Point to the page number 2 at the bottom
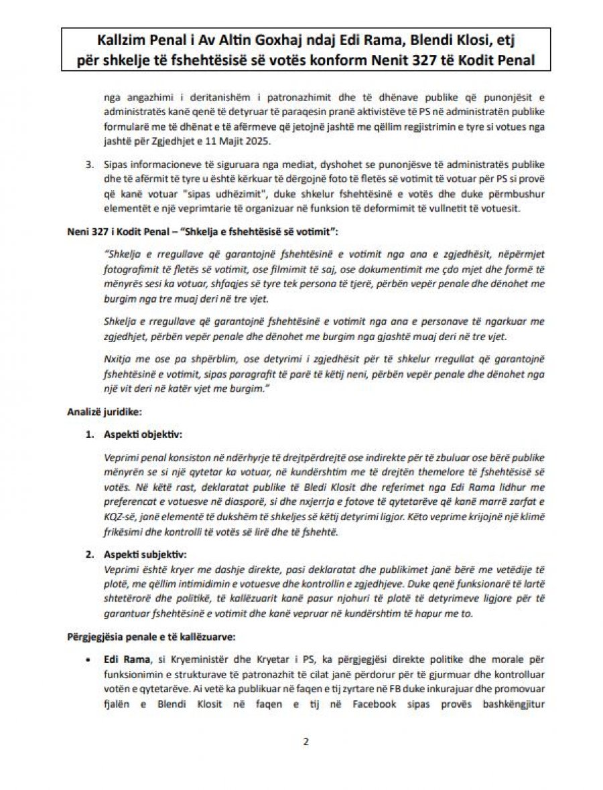click(306, 741)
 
